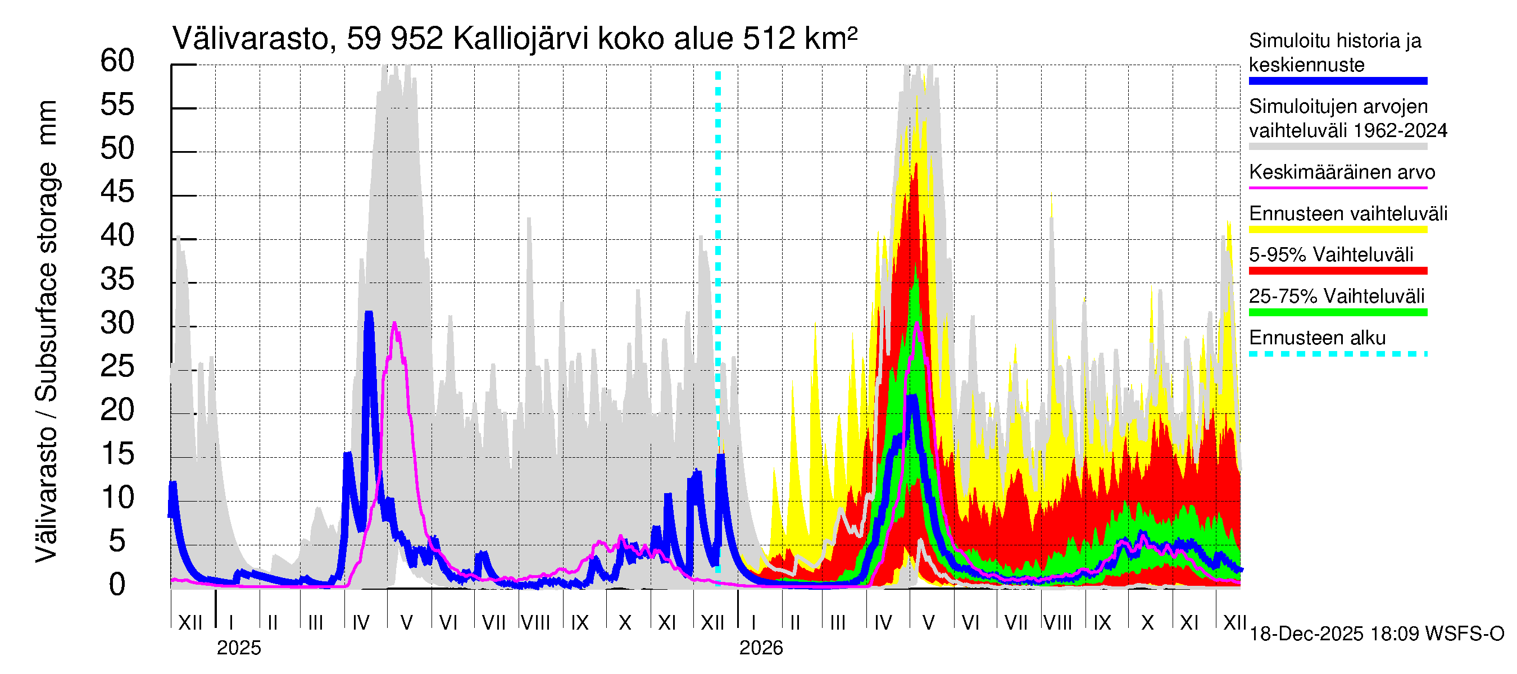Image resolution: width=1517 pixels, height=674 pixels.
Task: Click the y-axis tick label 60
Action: point(117,61)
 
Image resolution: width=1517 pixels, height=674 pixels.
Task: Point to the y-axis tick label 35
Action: point(117,280)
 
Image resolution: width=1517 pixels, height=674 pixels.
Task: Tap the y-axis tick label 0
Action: point(117,585)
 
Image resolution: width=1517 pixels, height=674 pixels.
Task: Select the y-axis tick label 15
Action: point(117,454)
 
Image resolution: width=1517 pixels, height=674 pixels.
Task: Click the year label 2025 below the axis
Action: point(238,648)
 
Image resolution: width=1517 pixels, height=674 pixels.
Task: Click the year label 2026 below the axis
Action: point(761,648)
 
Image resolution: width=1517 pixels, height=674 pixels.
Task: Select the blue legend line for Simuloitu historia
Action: point(1337,81)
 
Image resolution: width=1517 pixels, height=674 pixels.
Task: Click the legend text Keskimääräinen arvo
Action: point(1342,172)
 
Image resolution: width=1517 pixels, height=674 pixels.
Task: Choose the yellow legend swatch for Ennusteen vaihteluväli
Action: point(1337,230)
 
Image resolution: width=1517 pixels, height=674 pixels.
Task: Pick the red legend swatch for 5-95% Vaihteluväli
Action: point(1337,271)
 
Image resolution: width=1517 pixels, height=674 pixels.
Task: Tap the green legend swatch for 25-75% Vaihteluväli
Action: point(1337,312)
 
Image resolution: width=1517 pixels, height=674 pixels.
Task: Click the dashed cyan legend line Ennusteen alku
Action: point(1337,354)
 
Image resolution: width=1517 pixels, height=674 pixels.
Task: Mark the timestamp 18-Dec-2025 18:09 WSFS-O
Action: point(1376,634)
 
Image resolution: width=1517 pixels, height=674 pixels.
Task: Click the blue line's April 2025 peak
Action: point(369,313)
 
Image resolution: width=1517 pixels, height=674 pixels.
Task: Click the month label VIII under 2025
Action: point(535,622)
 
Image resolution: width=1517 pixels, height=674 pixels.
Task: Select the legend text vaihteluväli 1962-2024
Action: point(1347,131)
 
